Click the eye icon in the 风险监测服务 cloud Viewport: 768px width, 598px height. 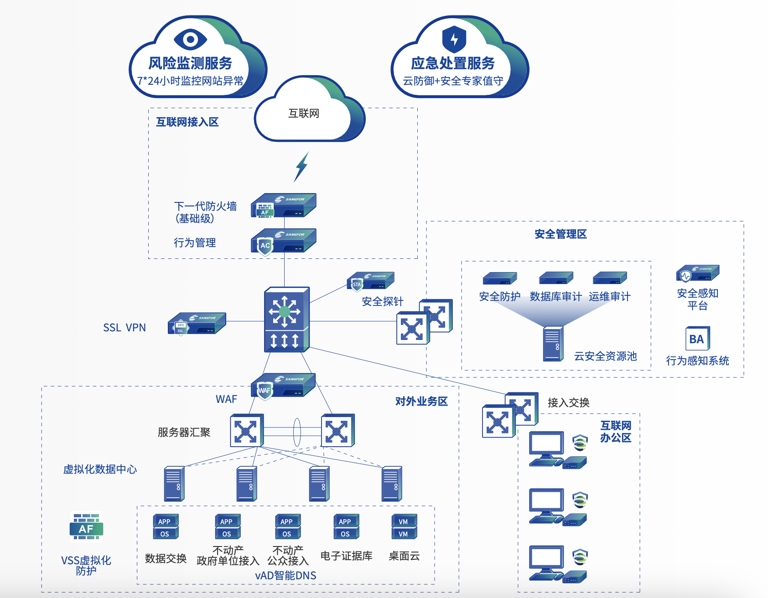[191, 39]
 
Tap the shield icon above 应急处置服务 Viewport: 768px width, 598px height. [454, 39]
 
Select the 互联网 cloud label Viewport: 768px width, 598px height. [304, 113]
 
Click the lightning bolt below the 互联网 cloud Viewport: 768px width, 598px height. [301, 167]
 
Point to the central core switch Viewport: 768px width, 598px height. [286, 320]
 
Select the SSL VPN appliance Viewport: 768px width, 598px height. [197, 323]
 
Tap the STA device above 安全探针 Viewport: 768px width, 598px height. [370, 281]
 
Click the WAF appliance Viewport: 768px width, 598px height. [283, 386]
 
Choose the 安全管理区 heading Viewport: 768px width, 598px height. [560, 234]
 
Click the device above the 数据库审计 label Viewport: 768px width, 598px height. [555, 278]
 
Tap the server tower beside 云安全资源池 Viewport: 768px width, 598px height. [553, 344]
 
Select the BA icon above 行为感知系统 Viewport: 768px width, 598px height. [697, 339]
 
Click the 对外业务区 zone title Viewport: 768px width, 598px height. [421, 401]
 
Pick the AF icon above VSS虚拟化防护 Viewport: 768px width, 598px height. [86, 527]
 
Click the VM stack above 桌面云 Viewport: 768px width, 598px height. [404, 527]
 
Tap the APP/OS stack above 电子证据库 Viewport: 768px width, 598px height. [346, 527]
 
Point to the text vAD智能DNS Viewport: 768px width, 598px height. [285, 576]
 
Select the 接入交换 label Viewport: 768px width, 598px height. [568, 402]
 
